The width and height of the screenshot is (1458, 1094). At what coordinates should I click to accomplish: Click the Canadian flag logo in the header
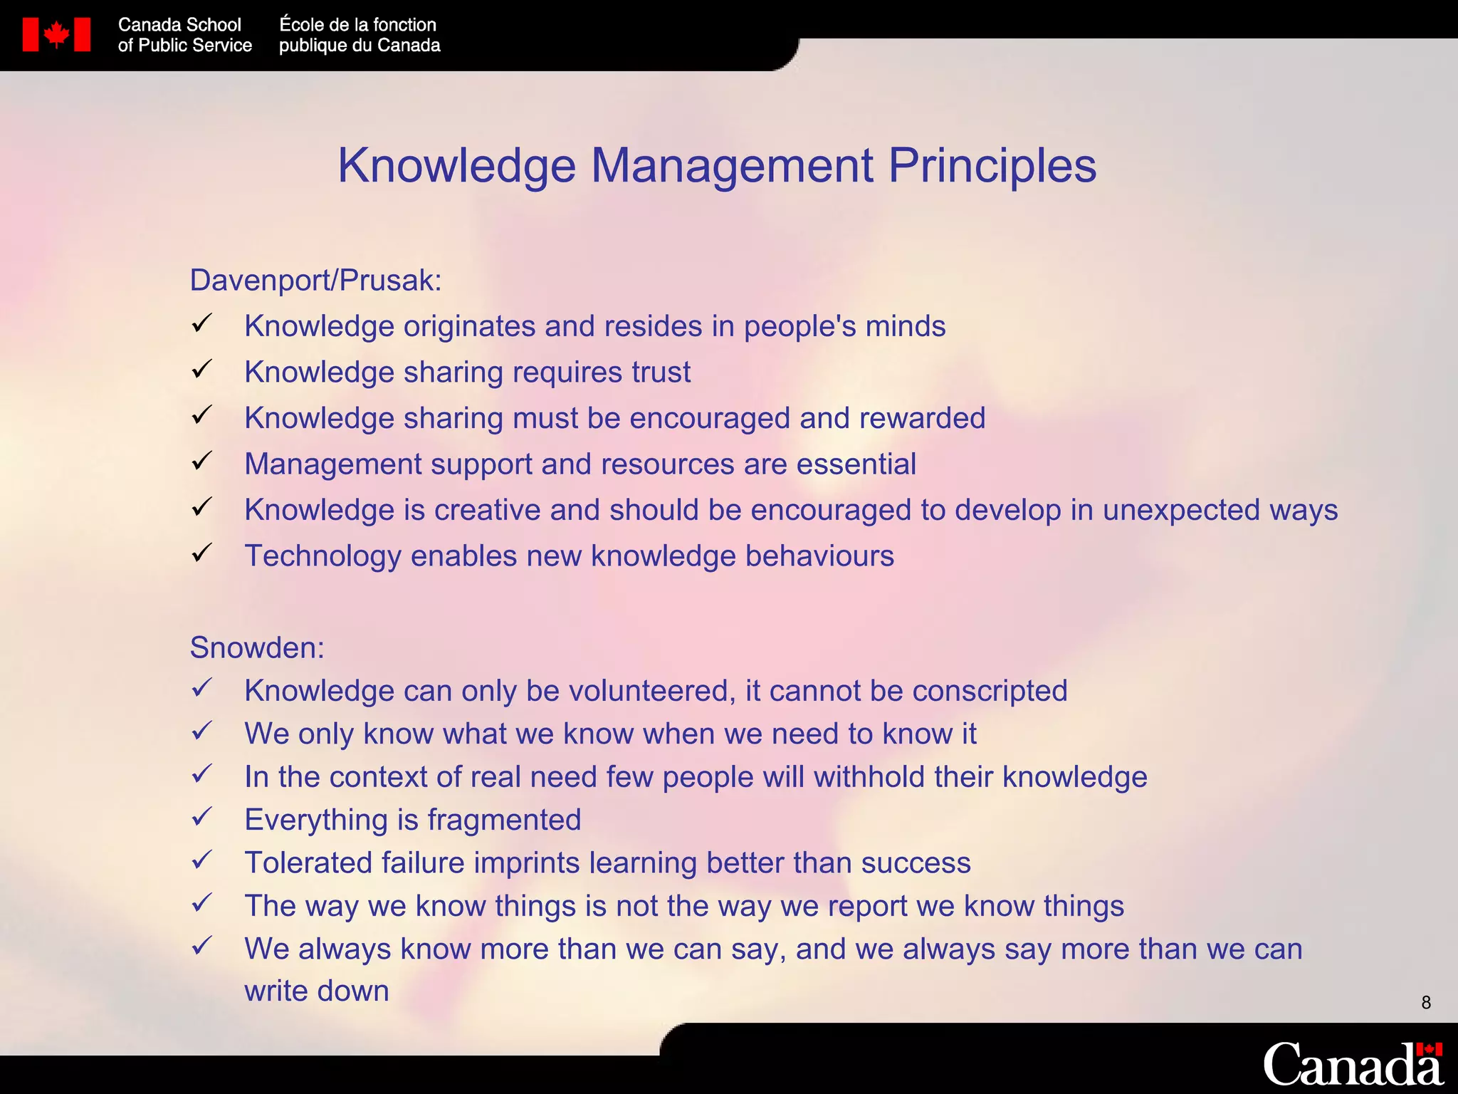click(56, 35)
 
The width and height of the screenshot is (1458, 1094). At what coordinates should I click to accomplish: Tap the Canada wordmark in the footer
click(1353, 1064)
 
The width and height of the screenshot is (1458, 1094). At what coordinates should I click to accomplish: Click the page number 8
click(1425, 1003)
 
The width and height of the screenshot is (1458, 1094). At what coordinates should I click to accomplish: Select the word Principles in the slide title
click(992, 166)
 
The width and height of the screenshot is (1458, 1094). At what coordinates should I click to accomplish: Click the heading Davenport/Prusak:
click(315, 281)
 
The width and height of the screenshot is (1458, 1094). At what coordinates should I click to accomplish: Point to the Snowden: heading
click(257, 648)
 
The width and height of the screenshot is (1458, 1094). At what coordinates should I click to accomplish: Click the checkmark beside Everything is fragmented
click(202, 817)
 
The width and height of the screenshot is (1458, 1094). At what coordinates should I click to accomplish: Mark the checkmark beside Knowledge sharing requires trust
click(202, 369)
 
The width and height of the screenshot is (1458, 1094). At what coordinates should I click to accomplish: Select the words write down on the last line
click(317, 991)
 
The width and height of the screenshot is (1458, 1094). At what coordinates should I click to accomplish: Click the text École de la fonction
click(357, 25)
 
